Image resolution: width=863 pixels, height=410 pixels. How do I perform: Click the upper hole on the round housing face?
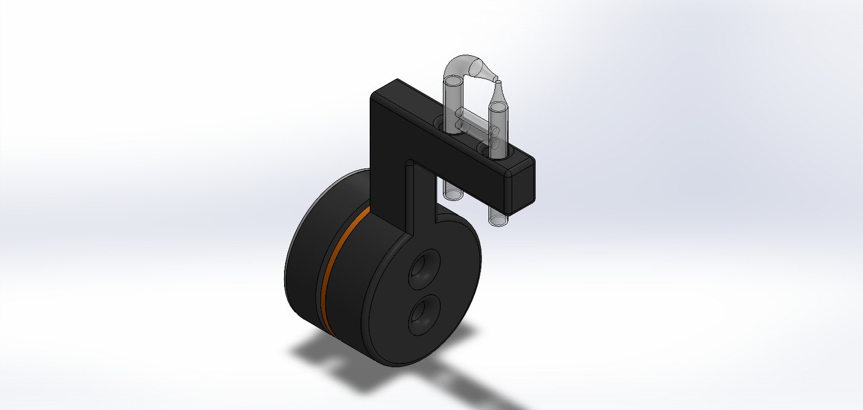click(424, 266)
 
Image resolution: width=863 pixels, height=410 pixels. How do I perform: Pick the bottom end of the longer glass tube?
click(498, 220)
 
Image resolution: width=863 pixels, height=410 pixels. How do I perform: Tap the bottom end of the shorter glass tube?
click(452, 193)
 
